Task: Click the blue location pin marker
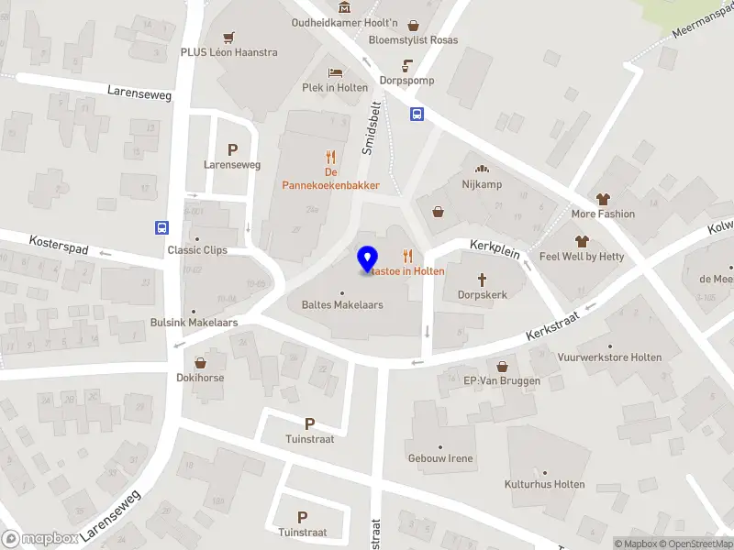coord(368,259)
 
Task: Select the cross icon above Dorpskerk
coord(482,279)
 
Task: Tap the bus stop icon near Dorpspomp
coord(417,115)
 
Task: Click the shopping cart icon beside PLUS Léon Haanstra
coord(228,38)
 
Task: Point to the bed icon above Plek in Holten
coord(336,71)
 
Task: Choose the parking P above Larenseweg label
coord(232,149)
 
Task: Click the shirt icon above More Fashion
coord(603,198)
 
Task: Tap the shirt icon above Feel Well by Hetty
coord(581,241)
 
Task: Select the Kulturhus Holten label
coord(544,484)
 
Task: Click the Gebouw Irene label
coord(441,457)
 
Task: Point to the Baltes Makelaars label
coord(342,304)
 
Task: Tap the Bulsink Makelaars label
coord(195,323)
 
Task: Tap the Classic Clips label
coord(196,250)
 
